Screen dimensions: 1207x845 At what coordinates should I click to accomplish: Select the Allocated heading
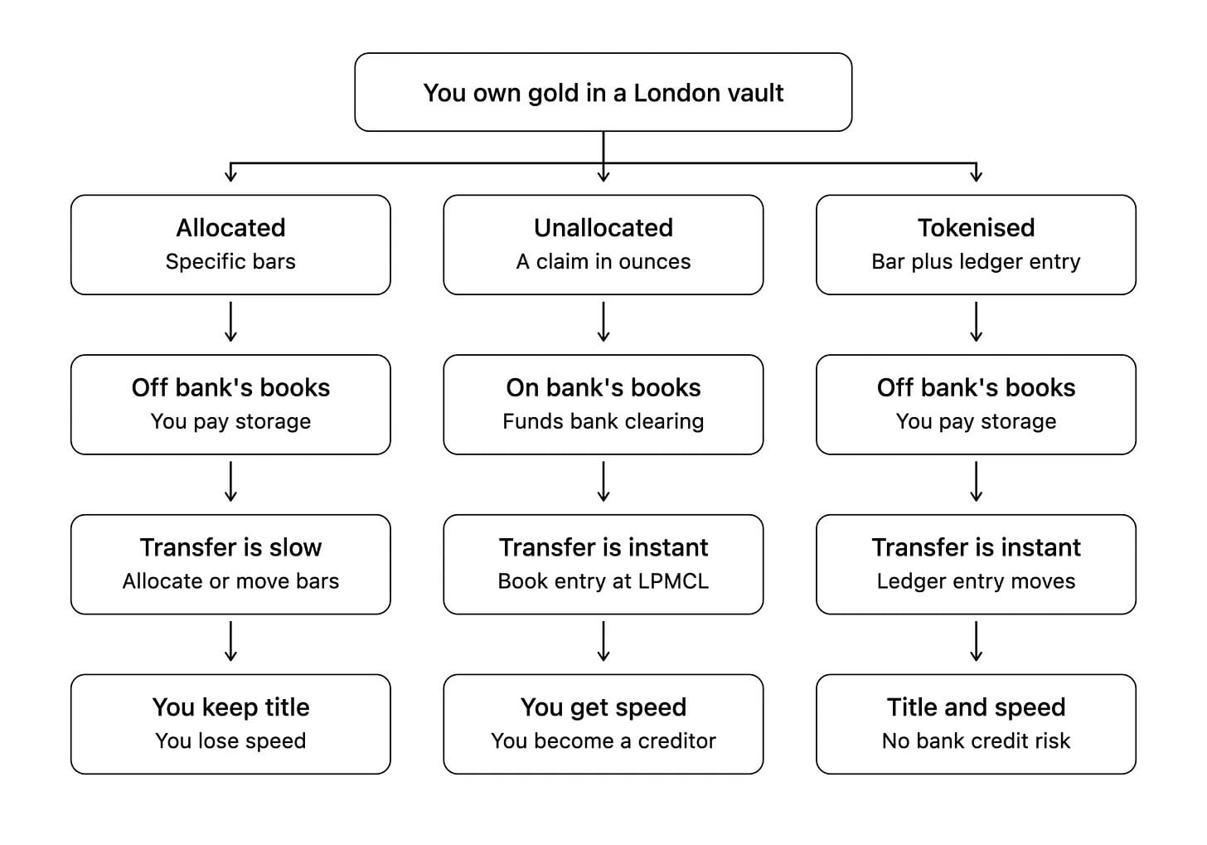[x=230, y=227]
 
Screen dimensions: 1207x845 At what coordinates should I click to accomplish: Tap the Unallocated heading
[x=603, y=227]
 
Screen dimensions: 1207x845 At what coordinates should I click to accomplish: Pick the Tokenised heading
[x=976, y=227]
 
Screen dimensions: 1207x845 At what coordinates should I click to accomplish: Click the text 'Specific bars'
[x=230, y=261]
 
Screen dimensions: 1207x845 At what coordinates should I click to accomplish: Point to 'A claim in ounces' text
[x=603, y=261]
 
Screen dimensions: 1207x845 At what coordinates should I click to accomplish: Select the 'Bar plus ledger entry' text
[x=976, y=261]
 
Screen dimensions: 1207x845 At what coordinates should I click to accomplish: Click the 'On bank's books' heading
[x=603, y=387]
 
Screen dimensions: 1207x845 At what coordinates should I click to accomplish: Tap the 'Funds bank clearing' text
[x=603, y=421]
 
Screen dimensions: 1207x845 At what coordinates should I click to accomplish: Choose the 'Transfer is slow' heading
[x=230, y=547]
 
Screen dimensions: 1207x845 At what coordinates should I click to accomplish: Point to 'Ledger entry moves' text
[x=976, y=581]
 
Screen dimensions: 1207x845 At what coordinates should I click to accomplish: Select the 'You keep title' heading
[x=230, y=707]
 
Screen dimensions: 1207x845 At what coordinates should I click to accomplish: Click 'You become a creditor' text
[x=603, y=741]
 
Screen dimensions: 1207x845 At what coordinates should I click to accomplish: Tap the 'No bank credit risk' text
[x=976, y=741]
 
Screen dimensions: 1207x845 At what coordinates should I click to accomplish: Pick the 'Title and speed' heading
[x=976, y=707]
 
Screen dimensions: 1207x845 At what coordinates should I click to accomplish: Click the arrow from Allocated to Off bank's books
[x=230, y=322]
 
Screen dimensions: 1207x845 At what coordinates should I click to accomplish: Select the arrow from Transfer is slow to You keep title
[x=230, y=641]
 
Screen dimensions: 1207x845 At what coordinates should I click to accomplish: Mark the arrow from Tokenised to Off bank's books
[x=976, y=322]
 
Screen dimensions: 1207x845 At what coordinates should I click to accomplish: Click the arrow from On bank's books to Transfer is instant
[x=603, y=481]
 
